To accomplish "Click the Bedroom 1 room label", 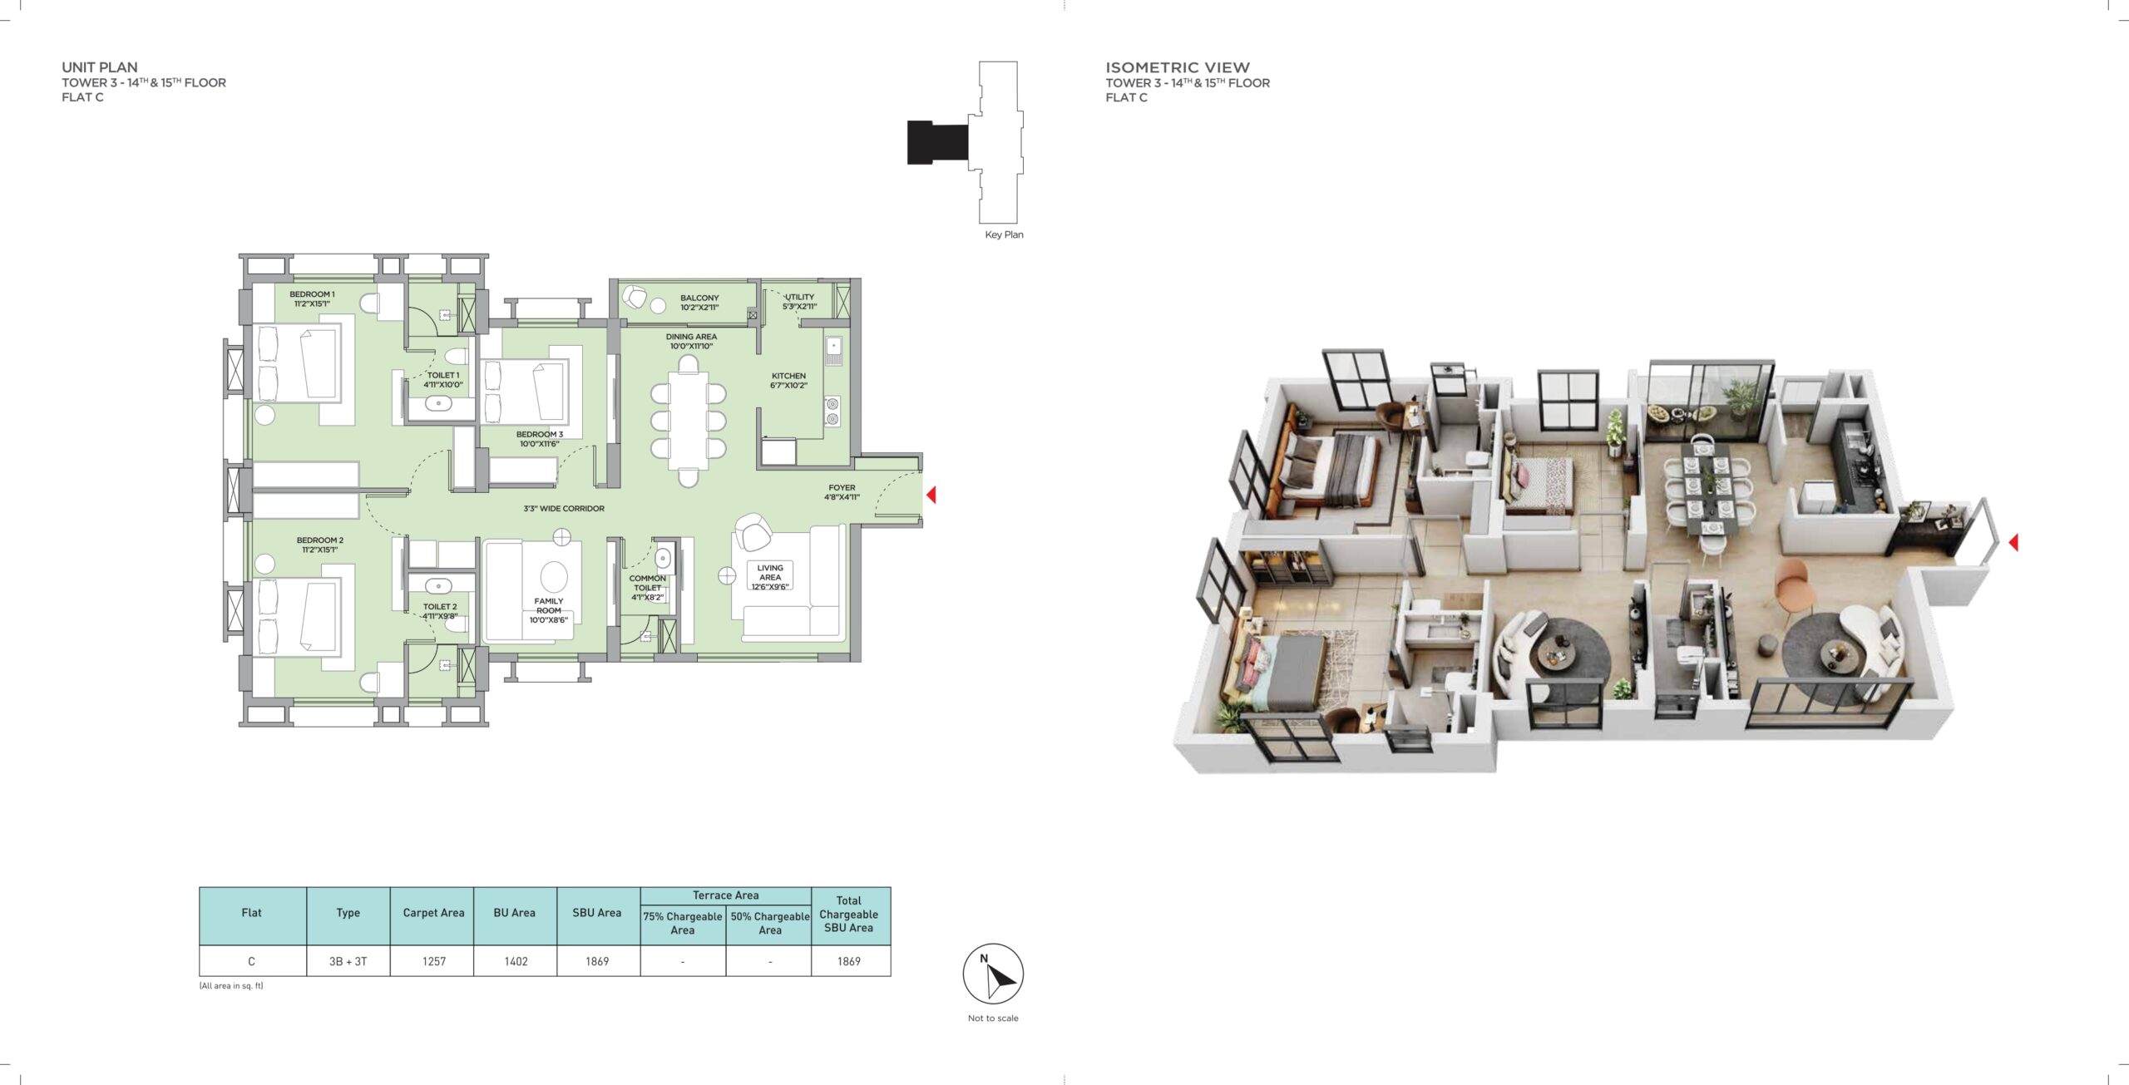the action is click(312, 298).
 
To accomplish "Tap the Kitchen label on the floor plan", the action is click(788, 380).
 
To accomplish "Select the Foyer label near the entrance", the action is click(842, 492).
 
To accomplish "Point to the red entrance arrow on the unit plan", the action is click(931, 495).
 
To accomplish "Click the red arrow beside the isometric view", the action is click(2013, 542).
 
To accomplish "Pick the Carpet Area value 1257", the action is click(434, 961).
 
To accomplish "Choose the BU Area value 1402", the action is click(516, 961).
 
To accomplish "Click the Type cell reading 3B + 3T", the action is click(348, 961).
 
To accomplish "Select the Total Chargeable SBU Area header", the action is click(848, 914).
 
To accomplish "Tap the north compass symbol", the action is click(993, 974).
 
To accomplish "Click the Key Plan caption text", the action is click(1004, 234).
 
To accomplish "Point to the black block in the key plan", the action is click(937, 142).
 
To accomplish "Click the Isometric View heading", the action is click(1177, 67).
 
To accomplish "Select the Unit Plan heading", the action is click(100, 67).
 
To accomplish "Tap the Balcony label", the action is click(699, 303).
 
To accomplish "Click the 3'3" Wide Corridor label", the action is click(564, 508).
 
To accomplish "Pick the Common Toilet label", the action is click(647, 588).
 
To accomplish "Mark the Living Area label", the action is click(770, 577).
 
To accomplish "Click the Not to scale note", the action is click(993, 1018).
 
